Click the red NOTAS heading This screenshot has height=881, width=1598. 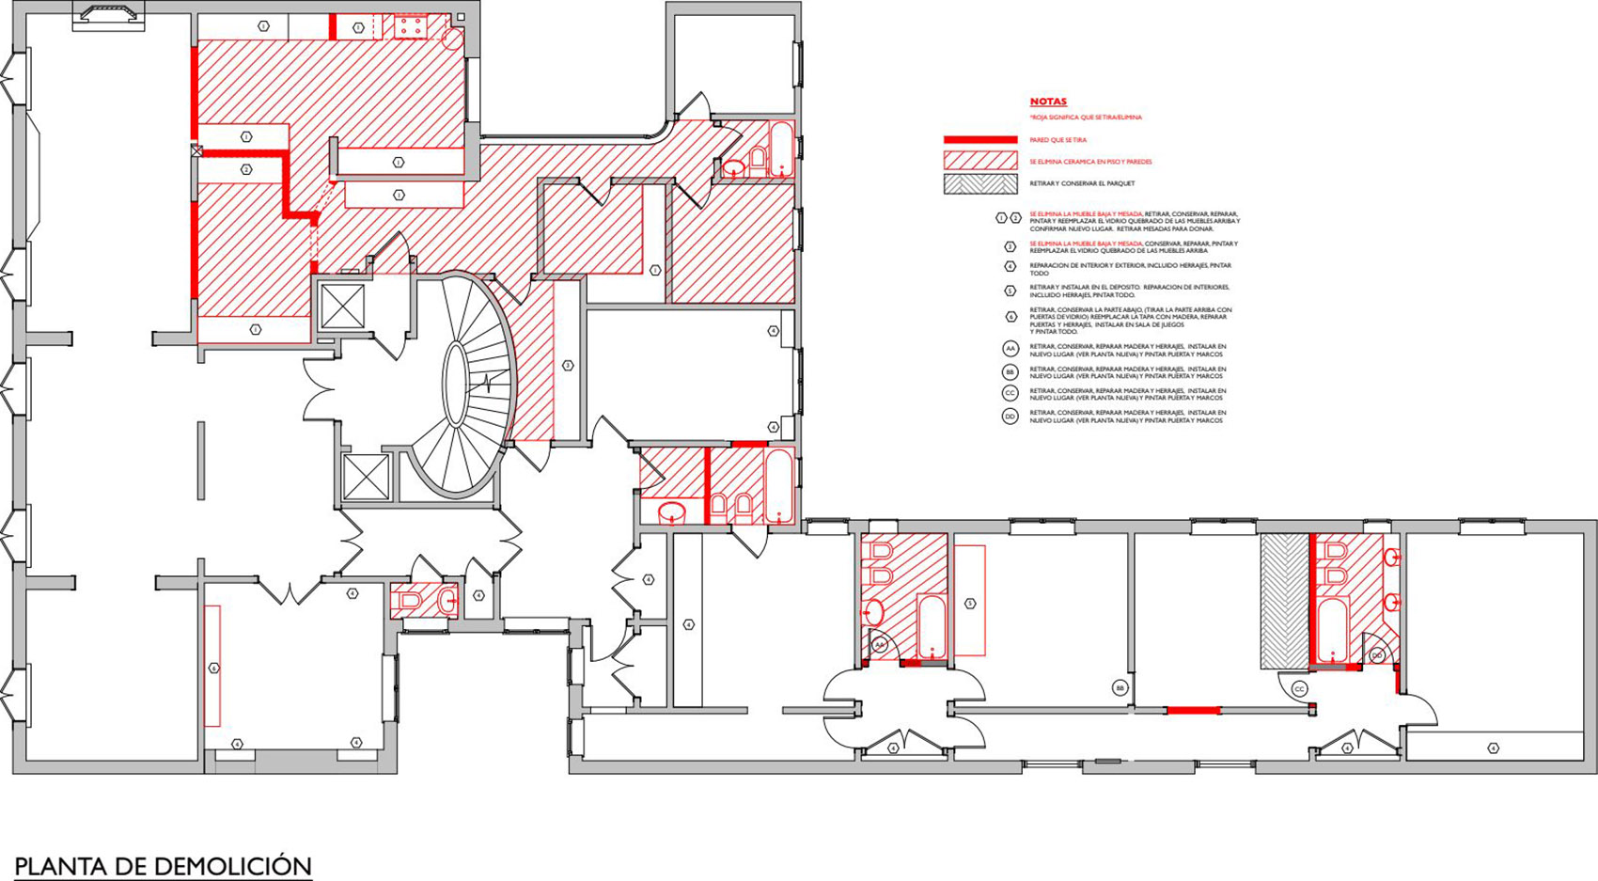coord(1048,102)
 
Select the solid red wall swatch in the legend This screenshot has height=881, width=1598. coord(980,140)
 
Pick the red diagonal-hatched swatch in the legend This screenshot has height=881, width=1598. coord(980,161)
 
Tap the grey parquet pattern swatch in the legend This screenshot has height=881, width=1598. coord(980,183)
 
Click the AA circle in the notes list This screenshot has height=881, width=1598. coord(1010,349)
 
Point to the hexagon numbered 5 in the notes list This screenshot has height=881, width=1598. coord(1010,291)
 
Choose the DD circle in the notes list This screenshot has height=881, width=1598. coord(1010,417)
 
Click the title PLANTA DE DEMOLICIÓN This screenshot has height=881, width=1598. coord(163,866)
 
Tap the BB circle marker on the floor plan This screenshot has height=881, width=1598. coord(1120,688)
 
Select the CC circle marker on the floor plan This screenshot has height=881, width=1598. coord(1299,689)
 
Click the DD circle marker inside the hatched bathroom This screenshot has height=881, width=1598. coord(1377,655)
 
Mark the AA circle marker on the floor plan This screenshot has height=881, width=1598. coord(880,645)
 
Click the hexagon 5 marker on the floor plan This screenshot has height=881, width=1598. coord(970,603)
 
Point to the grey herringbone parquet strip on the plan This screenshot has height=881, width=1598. coord(1284,602)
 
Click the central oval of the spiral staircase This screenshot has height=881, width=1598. coord(456,384)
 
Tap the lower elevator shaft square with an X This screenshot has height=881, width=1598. coord(366,477)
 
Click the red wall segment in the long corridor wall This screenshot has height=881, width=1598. coord(1193,711)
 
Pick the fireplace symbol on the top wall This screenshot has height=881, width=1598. coord(109,16)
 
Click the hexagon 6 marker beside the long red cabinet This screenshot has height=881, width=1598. coord(214,669)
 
